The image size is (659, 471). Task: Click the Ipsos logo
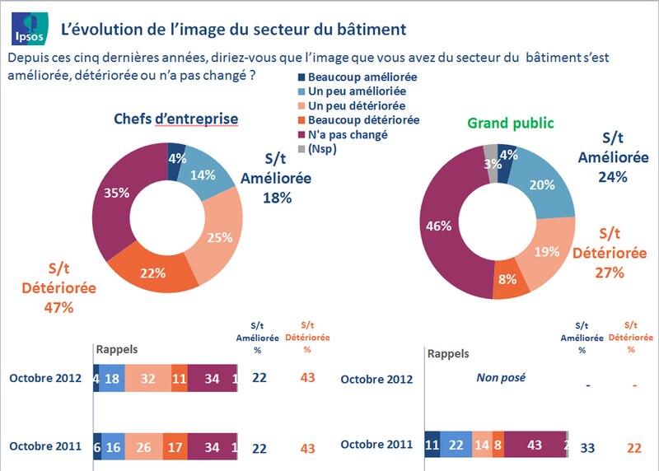pyautogui.click(x=27, y=29)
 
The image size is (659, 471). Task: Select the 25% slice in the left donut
pyautogui.click(x=218, y=237)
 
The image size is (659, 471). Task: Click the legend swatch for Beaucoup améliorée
pyautogui.click(x=301, y=77)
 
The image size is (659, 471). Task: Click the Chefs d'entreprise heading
pyautogui.click(x=175, y=119)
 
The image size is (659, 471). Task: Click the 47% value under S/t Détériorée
pyautogui.click(x=58, y=307)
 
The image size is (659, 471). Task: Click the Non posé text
pyautogui.click(x=502, y=378)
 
